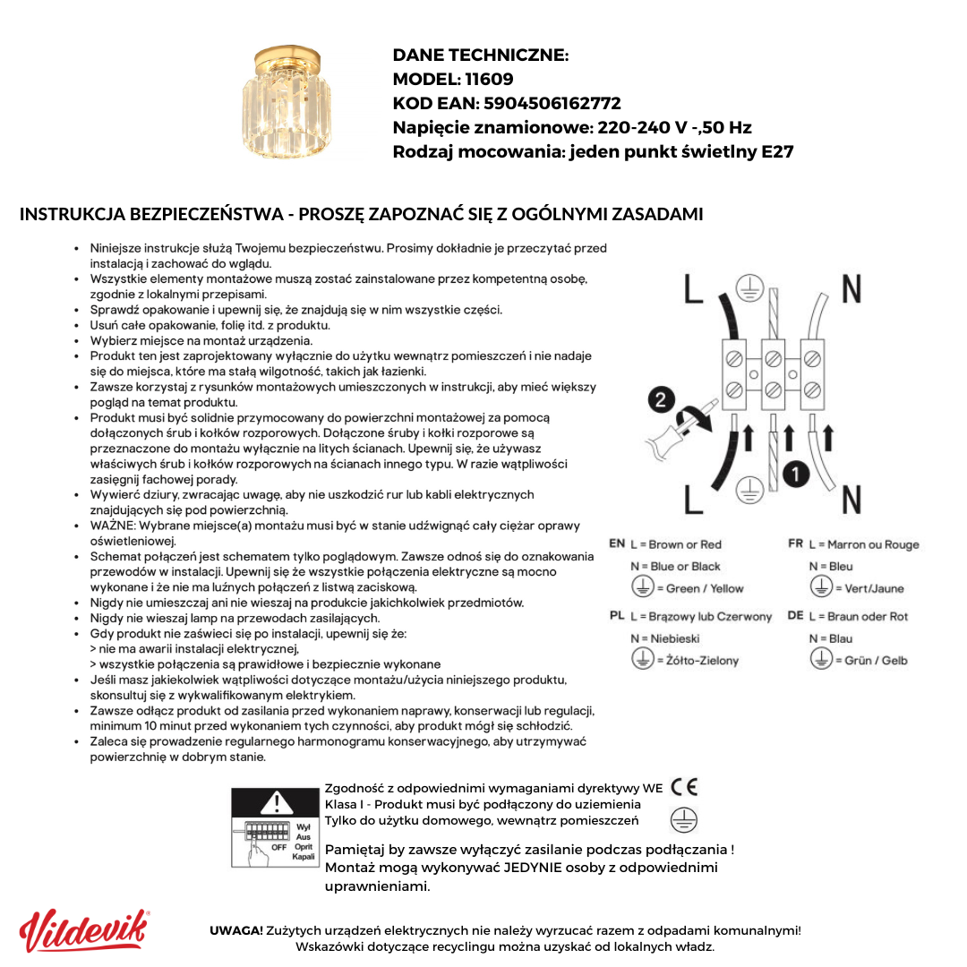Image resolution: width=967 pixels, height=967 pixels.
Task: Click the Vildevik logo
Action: [84, 931]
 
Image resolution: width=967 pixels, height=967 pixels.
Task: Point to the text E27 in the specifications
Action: [776, 151]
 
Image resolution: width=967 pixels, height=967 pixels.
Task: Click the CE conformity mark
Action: [684, 787]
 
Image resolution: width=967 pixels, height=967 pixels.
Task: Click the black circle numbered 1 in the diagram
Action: [796, 474]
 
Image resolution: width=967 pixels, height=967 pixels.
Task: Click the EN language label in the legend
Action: [617, 543]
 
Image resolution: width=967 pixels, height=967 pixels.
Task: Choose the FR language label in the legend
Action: [795, 543]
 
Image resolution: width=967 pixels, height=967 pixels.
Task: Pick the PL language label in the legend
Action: [617, 616]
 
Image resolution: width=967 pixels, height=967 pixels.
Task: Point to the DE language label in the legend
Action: [795, 616]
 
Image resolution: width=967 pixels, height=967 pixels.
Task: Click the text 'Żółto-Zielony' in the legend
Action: [703, 661]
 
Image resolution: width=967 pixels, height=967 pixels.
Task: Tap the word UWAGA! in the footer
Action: [236, 930]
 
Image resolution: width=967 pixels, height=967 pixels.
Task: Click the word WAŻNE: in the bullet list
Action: [114, 526]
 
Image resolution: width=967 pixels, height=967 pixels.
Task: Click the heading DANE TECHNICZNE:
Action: [481, 56]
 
